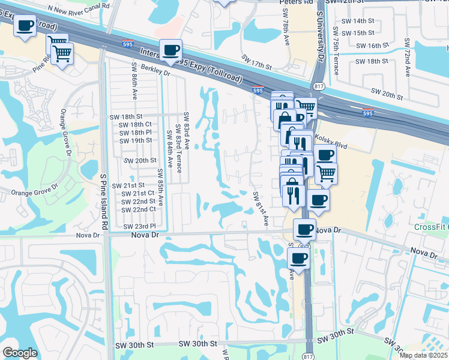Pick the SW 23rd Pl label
(x=139, y=226)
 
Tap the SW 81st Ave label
(x=260, y=209)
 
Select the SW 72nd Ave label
(x=407, y=58)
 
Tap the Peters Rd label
(x=297, y=2)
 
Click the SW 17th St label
(x=257, y=61)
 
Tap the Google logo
(x=20, y=353)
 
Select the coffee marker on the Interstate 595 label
(x=170, y=50)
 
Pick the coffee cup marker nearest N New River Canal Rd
(x=25, y=26)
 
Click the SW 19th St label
(x=135, y=140)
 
